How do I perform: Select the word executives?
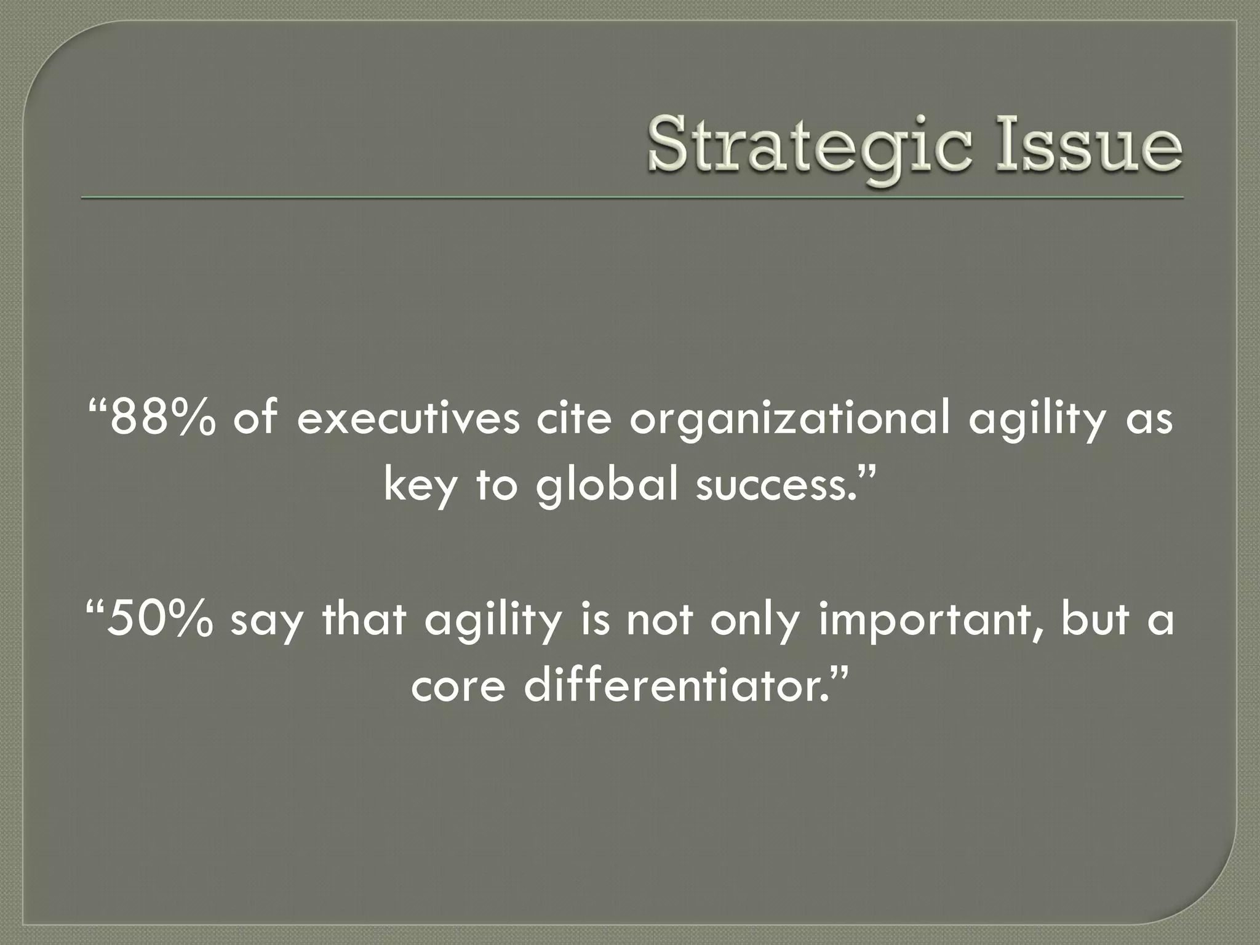coord(409,419)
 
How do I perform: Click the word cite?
coord(575,418)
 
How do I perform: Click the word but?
coord(1095,619)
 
